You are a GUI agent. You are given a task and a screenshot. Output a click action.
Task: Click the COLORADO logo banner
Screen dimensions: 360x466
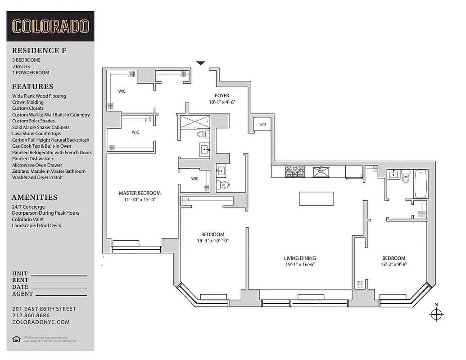pyautogui.click(x=50, y=26)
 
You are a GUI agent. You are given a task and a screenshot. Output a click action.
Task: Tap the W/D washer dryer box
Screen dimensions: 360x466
pyautogui.click(x=262, y=125)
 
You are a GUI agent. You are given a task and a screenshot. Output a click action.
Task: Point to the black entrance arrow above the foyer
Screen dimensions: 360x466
pyautogui.click(x=201, y=63)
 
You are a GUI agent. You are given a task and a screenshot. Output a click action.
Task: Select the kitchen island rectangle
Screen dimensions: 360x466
pyautogui.click(x=317, y=198)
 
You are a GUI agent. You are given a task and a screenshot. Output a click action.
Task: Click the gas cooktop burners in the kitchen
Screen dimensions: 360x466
pyautogui.click(x=295, y=171)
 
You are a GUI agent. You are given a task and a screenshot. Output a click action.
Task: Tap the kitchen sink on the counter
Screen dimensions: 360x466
pyautogui.click(x=321, y=171)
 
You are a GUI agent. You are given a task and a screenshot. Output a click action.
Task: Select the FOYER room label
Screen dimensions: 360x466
pyautogui.click(x=222, y=95)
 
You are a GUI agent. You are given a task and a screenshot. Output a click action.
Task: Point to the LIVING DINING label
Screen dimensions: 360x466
pyautogui.click(x=299, y=258)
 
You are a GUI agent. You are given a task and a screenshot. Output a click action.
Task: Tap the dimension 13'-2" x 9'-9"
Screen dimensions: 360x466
pyautogui.click(x=394, y=265)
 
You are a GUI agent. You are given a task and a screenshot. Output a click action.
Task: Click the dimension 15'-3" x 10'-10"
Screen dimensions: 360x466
pyautogui.click(x=213, y=241)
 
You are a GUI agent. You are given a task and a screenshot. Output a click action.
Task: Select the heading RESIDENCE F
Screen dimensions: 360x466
pyautogui.click(x=39, y=50)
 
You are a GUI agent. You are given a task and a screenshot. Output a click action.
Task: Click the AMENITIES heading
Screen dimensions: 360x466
pyautogui.click(x=35, y=197)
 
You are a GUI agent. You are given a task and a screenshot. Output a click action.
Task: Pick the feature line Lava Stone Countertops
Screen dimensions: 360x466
pyautogui.click(x=36, y=134)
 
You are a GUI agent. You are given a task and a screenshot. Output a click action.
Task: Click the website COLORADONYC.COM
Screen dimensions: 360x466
pyautogui.click(x=41, y=322)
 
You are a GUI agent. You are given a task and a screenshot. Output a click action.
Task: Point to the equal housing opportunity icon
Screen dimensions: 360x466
pyautogui.click(x=16, y=339)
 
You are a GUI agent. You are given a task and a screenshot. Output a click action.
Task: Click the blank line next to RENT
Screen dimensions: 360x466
pyautogui.click(x=59, y=281)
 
